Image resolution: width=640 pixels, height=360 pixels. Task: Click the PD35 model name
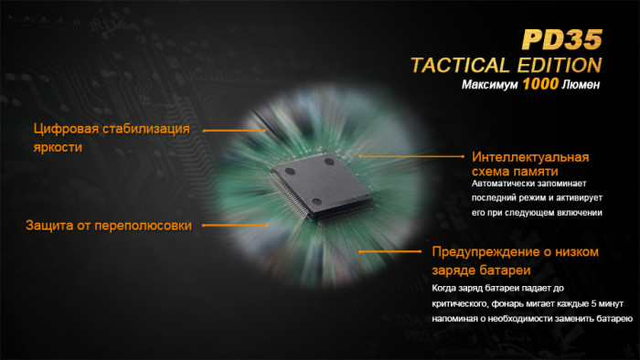(561, 39)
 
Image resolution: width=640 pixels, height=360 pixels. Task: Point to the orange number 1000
(541, 87)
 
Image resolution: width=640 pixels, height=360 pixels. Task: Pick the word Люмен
(581, 88)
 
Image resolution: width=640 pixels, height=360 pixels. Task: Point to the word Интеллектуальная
(530, 156)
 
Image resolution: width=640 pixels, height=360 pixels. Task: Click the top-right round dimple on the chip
(330, 161)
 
